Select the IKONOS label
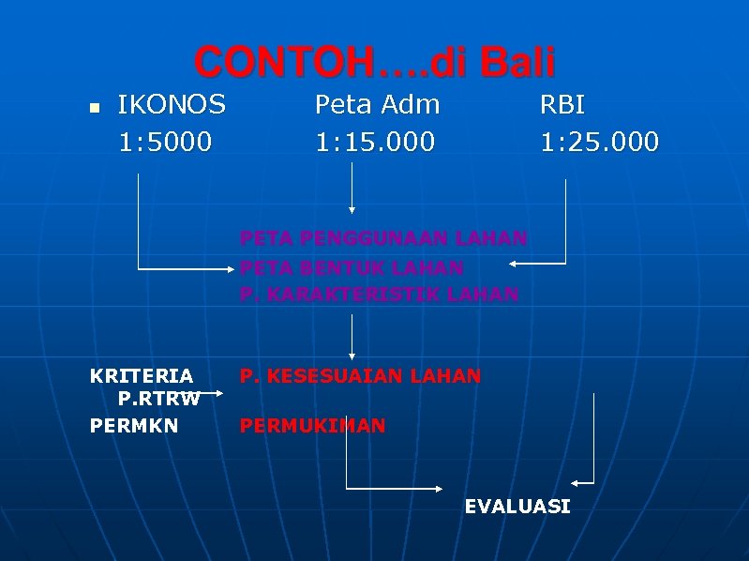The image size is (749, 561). click(172, 103)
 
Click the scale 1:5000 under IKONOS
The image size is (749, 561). click(165, 142)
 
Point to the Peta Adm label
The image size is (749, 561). click(377, 103)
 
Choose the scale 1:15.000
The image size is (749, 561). click(375, 142)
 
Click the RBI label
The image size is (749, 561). click(562, 103)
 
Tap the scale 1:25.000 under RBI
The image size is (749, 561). click(599, 142)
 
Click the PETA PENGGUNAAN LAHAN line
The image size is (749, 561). click(383, 238)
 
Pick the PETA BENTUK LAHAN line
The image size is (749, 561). click(352, 267)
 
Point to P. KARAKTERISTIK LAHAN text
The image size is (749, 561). click(379, 295)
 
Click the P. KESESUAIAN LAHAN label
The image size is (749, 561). click(360, 376)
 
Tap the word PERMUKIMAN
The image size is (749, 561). click(312, 426)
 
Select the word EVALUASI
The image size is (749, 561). click(517, 507)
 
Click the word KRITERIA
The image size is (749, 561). click(142, 376)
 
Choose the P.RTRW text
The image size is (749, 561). click(158, 399)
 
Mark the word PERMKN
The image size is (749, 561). click(134, 426)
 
